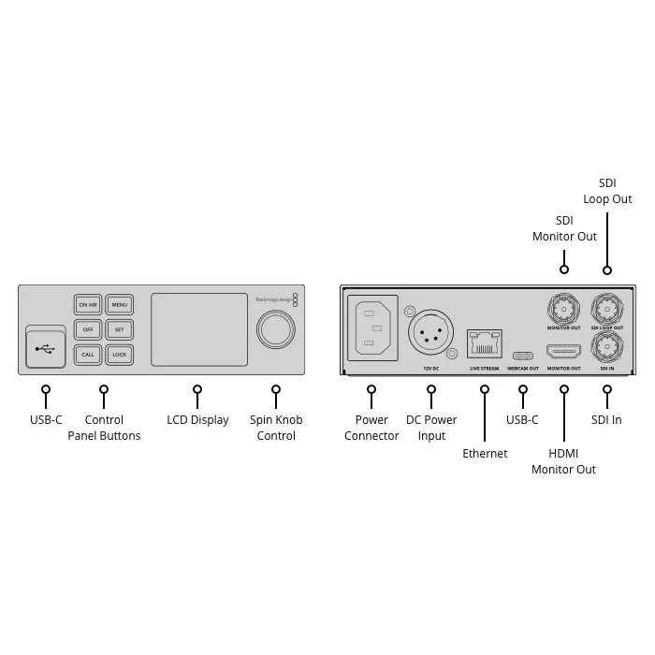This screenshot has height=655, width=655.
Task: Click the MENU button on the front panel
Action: tap(119, 304)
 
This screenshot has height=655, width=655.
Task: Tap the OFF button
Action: tap(88, 329)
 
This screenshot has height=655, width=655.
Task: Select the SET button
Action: tap(119, 329)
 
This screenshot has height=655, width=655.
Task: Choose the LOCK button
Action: tap(119, 355)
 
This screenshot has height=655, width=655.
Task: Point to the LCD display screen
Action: tap(198, 328)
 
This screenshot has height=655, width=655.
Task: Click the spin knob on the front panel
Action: tap(275, 329)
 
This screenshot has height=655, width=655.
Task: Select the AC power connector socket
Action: tap(374, 328)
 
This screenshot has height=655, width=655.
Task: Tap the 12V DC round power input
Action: tap(430, 331)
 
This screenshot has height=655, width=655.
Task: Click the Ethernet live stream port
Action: tap(484, 343)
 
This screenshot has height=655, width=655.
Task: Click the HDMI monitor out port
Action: tap(563, 352)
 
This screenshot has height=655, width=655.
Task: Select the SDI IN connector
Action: tap(606, 348)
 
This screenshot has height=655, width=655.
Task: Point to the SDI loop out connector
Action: tap(606, 307)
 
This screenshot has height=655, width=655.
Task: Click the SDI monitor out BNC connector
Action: tap(563, 307)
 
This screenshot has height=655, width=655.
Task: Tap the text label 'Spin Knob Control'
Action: tap(276, 428)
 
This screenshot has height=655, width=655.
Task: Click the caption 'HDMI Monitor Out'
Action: tap(563, 461)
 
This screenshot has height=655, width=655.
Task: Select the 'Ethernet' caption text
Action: tap(485, 454)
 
